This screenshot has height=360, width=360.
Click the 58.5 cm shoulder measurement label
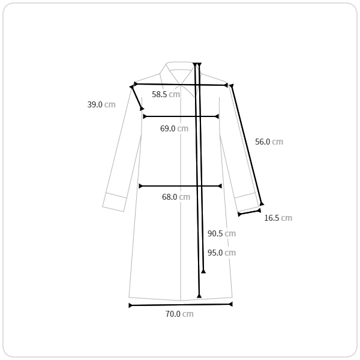[x=166, y=94]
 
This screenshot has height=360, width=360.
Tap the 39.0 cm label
[x=101, y=104]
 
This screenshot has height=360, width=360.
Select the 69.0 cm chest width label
[x=174, y=128]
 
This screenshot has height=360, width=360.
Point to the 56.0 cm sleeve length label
[x=269, y=142]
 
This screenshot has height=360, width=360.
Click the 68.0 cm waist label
[x=176, y=197]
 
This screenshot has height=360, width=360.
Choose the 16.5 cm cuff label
[x=278, y=218]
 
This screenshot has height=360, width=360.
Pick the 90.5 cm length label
[x=221, y=233]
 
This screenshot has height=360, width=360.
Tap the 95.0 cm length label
[x=221, y=253]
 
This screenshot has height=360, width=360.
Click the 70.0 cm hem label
[x=179, y=314]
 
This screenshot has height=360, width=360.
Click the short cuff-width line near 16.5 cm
[x=250, y=212]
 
